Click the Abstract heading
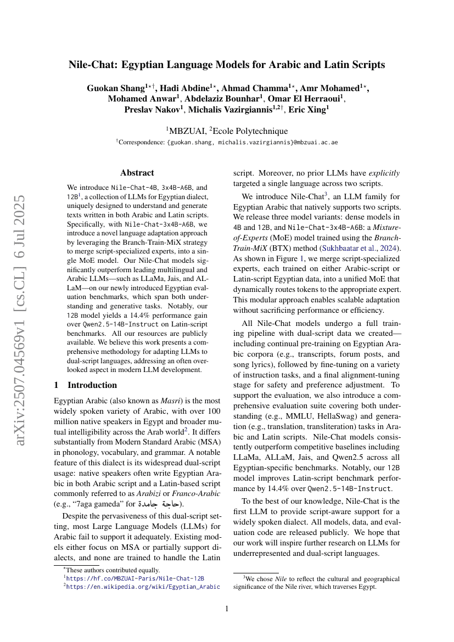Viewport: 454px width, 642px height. pyautogui.click(x=137, y=172)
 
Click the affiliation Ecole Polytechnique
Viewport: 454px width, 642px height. pyautogui.click(x=250, y=131)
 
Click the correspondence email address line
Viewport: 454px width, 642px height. pyautogui.click(x=227, y=142)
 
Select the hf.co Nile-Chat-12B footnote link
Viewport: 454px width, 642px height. pyautogui.click(x=134, y=578)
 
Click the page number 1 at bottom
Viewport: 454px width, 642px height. pyautogui.click(x=227, y=609)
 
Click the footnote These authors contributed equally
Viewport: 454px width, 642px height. pyautogui.click(x=112, y=570)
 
